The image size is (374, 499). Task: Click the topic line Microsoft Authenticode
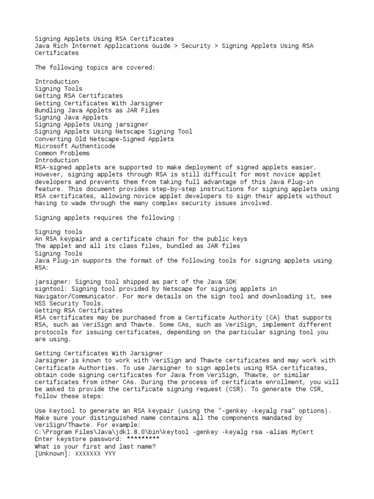[x=75, y=146]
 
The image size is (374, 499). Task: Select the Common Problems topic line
[x=62, y=153]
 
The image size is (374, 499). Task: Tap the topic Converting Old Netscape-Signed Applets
[x=104, y=139]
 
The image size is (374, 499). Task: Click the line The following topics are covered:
[x=95, y=67]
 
